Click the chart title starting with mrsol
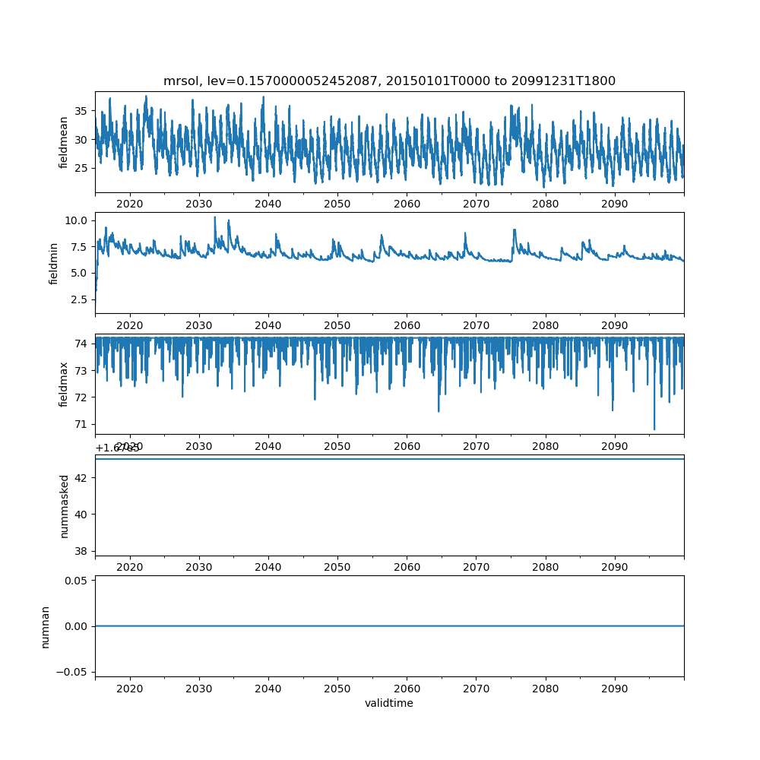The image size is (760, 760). click(x=389, y=81)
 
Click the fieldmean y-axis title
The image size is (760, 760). click(x=64, y=142)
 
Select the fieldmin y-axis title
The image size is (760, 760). click(x=53, y=263)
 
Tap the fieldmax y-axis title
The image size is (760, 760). click(x=64, y=384)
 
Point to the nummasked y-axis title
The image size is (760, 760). click(x=64, y=505)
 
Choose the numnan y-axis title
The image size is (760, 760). click(x=45, y=626)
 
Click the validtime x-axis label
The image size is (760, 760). click(x=389, y=704)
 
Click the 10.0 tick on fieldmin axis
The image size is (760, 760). click(x=78, y=220)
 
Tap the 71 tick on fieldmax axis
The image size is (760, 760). click(x=81, y=424)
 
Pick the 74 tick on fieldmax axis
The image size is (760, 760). click(x=81, y=344)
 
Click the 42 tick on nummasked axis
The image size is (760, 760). click(x=81, y=477)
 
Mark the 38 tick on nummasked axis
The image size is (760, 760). click(x=81, y=550)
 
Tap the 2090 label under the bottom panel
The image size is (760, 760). click(x=614, y=689)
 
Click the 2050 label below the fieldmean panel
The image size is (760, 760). click(x=337, y=204)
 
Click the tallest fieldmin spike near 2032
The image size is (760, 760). click(x=214, y=217)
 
